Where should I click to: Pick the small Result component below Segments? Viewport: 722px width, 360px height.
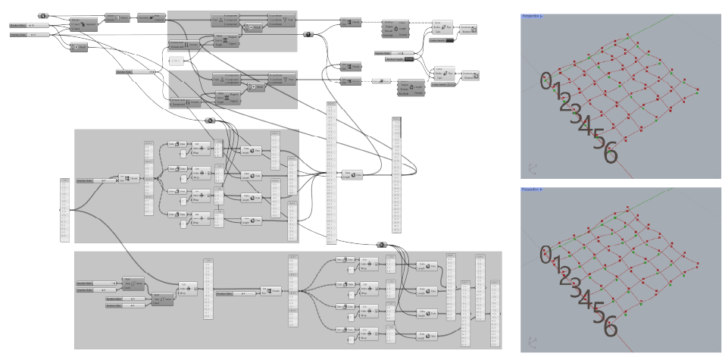(79, 47)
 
